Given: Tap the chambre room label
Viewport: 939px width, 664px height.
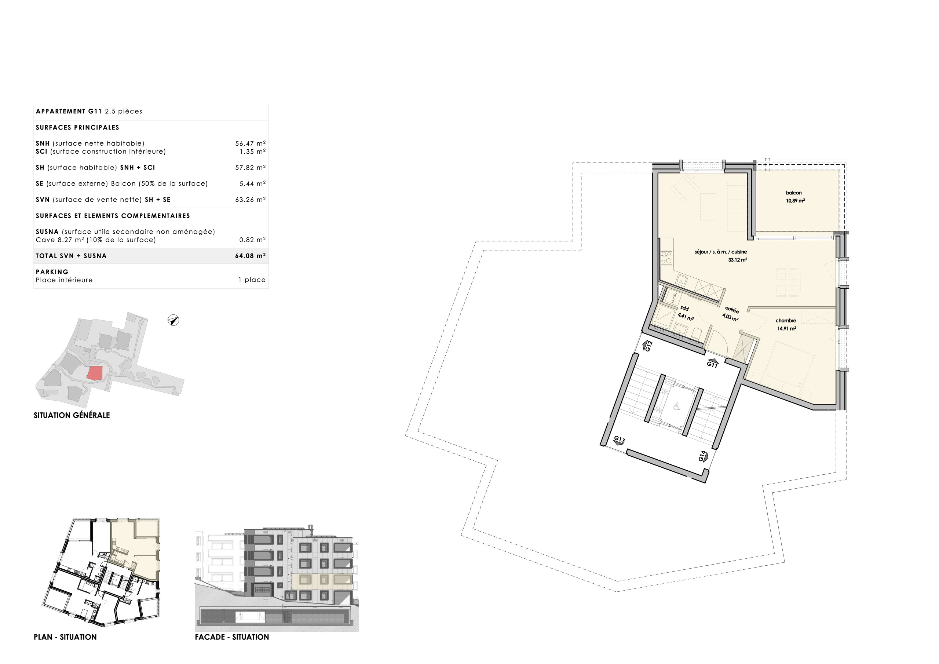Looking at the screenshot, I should pyautogui.click(x=786, y=321).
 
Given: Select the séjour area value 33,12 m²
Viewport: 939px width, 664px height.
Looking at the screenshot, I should pyautogui.click(x=737, y=260).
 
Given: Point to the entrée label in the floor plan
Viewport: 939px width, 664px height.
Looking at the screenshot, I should pyautogui.click(x=732, y=310).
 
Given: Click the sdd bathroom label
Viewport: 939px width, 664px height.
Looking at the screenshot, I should pyautogui.click(x=684, y=309).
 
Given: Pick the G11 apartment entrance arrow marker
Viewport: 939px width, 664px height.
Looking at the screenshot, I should pyautogui.click(x=712, y=363).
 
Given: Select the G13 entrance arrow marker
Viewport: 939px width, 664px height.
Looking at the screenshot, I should pyautogui.click(x=620, y=441).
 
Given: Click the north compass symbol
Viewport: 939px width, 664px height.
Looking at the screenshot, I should pyautogui.click(x=173, y=320).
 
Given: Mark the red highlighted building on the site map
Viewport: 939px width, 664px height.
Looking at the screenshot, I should pyautogui.click(x=95, y=373).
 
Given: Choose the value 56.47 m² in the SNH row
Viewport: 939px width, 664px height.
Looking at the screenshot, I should pyautogui.click(x=250, y=143).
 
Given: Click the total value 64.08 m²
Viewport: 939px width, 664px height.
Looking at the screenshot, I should pyautogui.click(x=250, y=256).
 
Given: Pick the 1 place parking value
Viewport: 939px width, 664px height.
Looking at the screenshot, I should pyautogui.click(x=252, y=280).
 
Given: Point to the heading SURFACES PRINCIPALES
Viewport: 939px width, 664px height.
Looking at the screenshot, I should pyautogui.click(x=77, y=128).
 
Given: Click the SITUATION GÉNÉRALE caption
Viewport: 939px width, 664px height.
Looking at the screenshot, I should pyautogui.click(x=72, y=415).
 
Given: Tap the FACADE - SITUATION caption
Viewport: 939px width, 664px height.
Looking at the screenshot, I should pyautogui.click(x=232, y=637).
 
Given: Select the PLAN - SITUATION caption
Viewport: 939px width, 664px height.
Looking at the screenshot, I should pyautogui.click(x=65, y=637).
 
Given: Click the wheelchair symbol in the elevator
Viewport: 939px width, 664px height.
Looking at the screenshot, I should pyautogui.click(x=676, y=406).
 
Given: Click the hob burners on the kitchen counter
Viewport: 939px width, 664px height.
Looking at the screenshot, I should pyautogui.click(x=666, y=257).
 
